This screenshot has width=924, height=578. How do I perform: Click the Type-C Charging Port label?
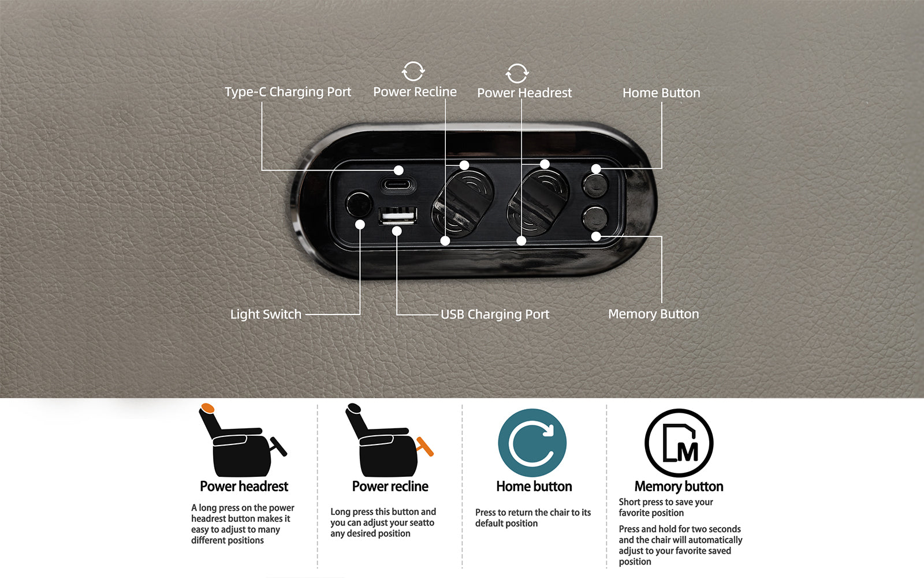[x=288, y=92]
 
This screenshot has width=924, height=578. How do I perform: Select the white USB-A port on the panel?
[x=398, y=216]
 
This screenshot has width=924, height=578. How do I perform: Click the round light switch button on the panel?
[x=359, y=203]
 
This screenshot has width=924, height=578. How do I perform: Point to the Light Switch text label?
[x=266, y=314]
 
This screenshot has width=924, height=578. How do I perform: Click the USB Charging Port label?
[x=494, y=314]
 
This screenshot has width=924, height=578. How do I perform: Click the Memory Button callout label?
[x=653, y=314]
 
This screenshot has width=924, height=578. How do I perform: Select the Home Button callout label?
[x=661, y=93]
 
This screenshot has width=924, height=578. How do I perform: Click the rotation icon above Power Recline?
[x=413, y=72]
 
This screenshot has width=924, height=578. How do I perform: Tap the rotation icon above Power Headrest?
[x=517, y=73]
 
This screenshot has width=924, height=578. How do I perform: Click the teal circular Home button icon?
[x=532, y=443]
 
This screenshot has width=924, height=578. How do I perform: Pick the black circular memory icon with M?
[x=679, y=443]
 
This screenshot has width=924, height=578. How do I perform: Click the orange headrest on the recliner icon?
[x=207, y=408]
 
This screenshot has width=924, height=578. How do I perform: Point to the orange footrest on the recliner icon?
[x=425, y=446]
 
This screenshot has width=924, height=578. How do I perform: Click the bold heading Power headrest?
[x=244, y=486]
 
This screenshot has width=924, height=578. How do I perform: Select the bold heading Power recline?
[x=390, y=486]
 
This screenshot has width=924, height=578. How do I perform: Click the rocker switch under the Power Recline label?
[x=463, y=202]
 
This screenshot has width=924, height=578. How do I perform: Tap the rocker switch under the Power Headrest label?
[x=538, y=202]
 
